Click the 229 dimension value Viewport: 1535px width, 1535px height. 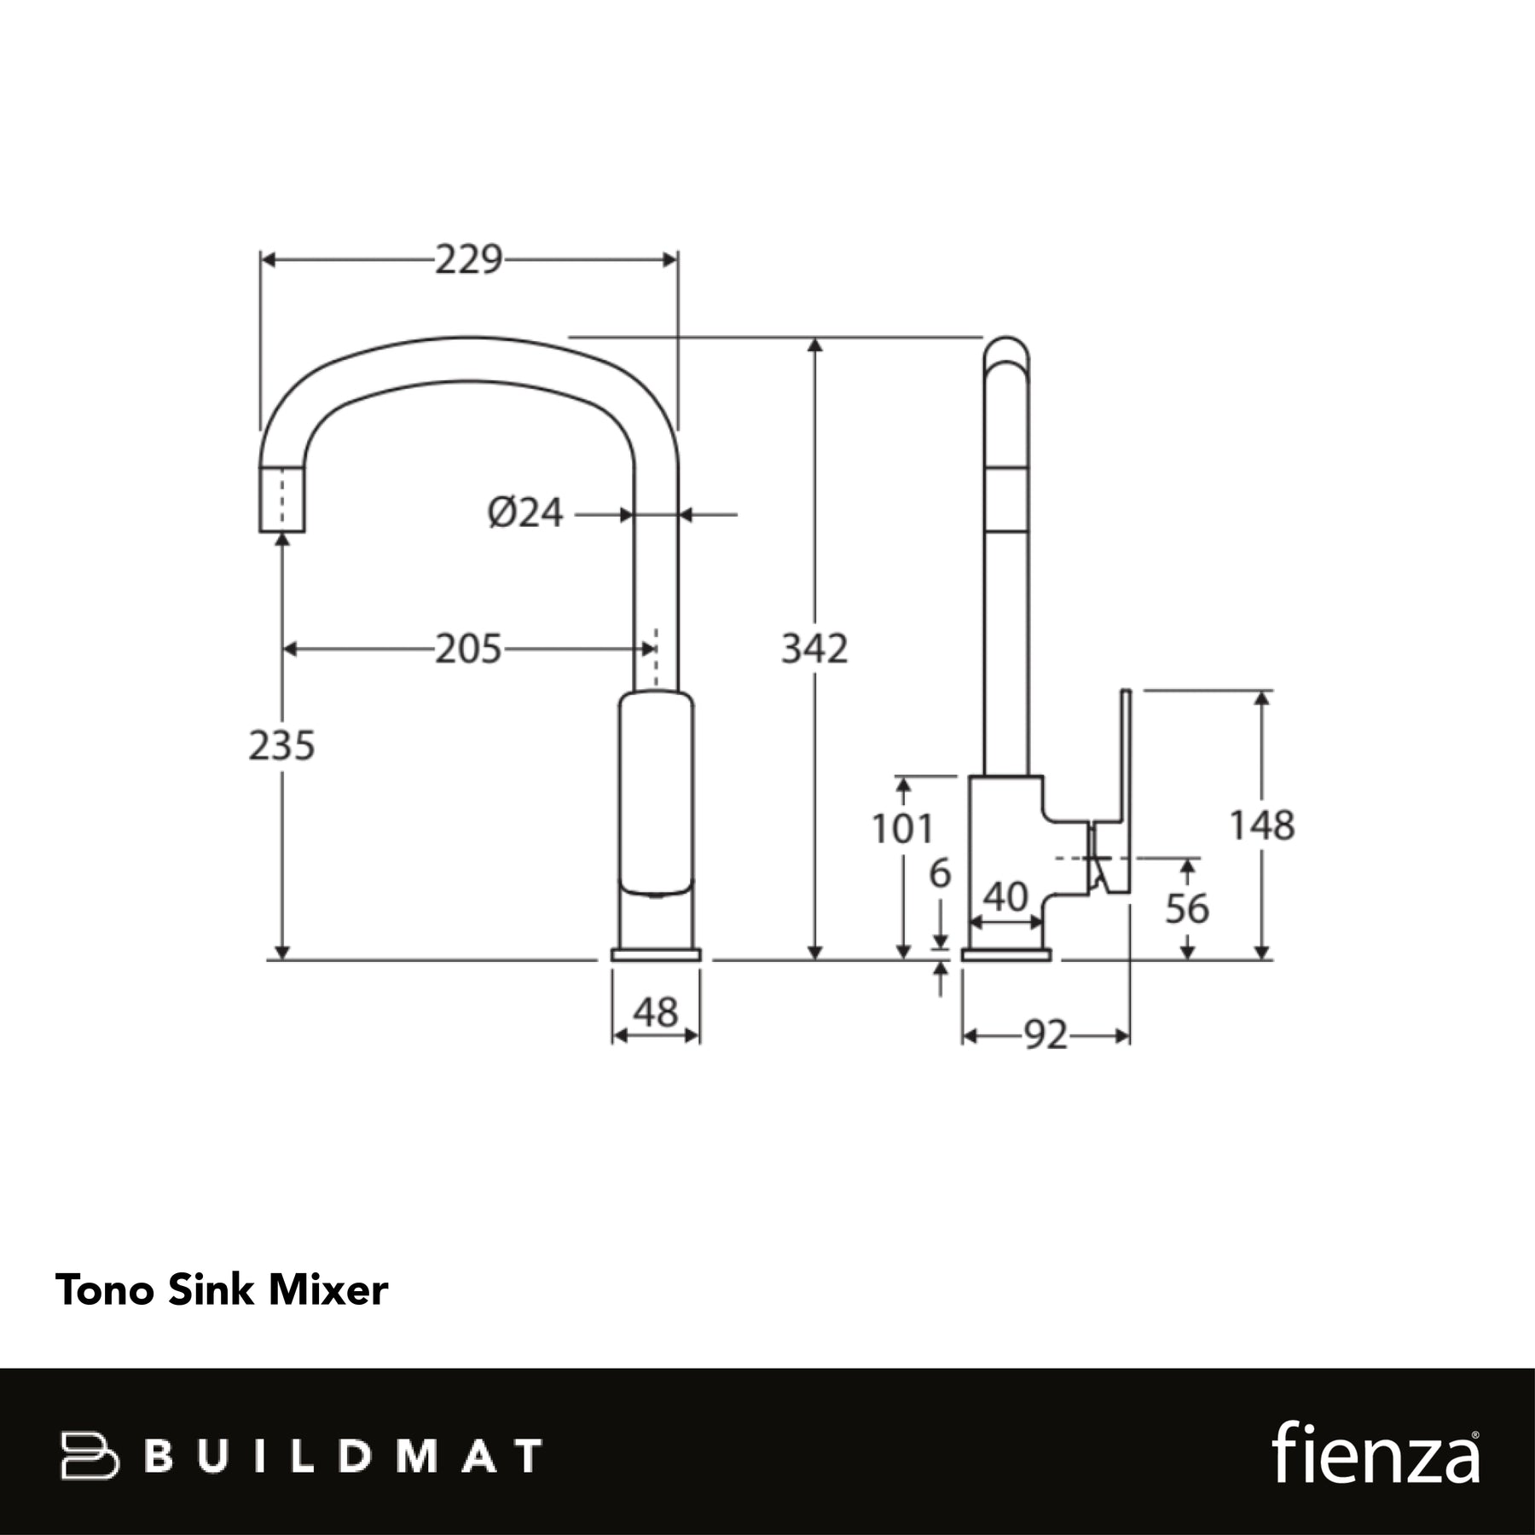click(469, 259)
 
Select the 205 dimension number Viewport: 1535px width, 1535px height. click(468, 649)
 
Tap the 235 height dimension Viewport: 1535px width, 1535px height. click(281, 745)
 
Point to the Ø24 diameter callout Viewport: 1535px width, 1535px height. click(525, 513)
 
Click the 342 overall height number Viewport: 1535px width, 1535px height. click(814, 649)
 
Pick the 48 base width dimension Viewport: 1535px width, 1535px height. click(656, 1012)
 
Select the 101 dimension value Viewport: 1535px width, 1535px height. click(902, 828)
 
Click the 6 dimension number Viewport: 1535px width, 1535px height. click(940, 873)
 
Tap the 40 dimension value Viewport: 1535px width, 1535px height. click(1005, 896)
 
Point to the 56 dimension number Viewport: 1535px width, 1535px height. click(1187, 908)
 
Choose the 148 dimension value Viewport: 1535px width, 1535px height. click(1262, 825)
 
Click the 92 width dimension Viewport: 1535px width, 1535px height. click(1046, 1035)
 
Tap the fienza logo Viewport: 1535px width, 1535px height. click(1376, 1451)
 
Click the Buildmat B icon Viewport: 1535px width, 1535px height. click(89, 1455)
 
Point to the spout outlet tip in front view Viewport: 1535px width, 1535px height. click(282, 531)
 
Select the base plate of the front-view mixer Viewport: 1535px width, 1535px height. click(656, 954)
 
